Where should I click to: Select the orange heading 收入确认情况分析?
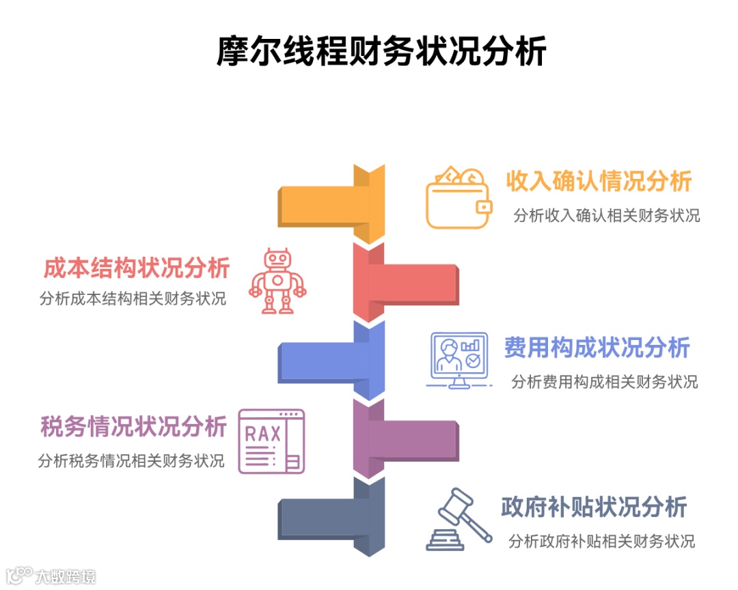coord(599,182)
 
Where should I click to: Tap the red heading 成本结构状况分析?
coord(137,268)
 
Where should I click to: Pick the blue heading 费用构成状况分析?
coord(597,348)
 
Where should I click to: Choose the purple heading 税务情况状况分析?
coord(133,427)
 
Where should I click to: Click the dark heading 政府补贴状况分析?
coord(594,507)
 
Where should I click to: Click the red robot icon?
coord(277,281)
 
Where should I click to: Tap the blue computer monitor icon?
coord(459,360)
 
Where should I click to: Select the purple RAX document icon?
coord(271,441)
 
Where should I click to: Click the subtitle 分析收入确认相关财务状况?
coord(607,216)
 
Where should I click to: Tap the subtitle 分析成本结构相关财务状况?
coord(133,298)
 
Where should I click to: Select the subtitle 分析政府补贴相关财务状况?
coord(601,542)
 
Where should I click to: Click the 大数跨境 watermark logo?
coord(51,576)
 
